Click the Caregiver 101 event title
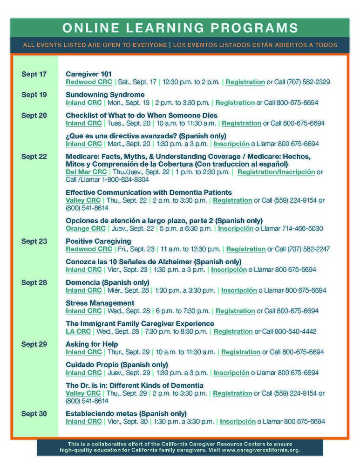point(88,74)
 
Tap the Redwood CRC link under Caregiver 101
point(88,82)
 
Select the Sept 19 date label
point(34,95)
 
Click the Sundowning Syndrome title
point(105,95)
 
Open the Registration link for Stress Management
point(235,311)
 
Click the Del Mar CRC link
point(86,172)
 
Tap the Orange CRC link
point(86,228)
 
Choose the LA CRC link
point(78,331)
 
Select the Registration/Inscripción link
point(276,172)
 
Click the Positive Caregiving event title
point(98,241)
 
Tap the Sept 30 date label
point(34,413)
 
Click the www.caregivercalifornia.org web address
point(260,450)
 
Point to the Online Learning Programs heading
point(180,27)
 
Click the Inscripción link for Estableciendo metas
point(238,421)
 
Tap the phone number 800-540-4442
point(295,331)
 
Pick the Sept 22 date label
point(34,157)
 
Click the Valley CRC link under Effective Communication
point(84,200)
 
